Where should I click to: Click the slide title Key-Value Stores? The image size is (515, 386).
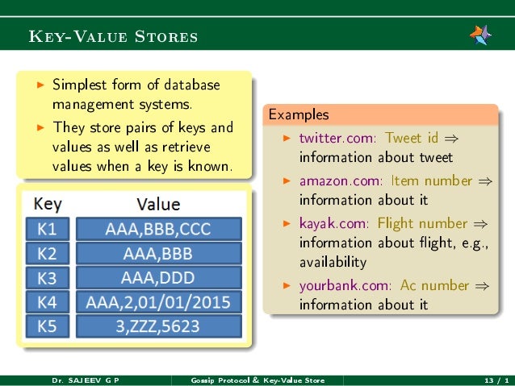click(x=113, y=37)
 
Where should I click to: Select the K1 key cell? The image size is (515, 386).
click(x=48, y=229)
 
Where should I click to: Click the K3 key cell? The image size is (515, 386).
click(x=48, y=277)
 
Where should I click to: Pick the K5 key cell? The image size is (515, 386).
click(x=48, y=326)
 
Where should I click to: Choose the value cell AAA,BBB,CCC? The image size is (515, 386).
click(x=158, y=229)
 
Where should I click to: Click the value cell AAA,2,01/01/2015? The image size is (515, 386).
click(x=158, y=302)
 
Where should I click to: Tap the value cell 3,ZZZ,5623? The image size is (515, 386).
click(x=158, y=326)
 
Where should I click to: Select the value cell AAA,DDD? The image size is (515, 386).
click(x=158, y=277)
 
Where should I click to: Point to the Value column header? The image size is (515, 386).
click(x=158, y=205)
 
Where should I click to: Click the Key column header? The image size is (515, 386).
click(x=48, y=204)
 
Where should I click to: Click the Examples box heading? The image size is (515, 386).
click(x=299, y=114)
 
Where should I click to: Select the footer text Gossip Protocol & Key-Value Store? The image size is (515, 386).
click(x=257, y=380)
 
